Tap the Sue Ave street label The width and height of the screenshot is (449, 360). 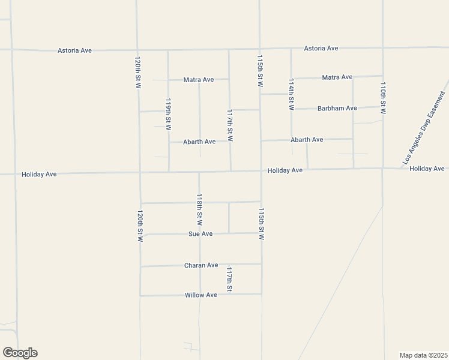coord(200,234)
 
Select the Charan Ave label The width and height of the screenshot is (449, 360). coord(201,265)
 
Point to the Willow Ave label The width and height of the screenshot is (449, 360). coord(201,295)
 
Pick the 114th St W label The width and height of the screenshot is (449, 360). coord(291,95)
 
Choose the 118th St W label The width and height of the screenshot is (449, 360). coord(200,208)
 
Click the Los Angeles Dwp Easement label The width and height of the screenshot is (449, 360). coord(424,128)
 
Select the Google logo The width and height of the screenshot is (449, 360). coord(20,353)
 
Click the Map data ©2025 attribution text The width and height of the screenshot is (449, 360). coord(423,355)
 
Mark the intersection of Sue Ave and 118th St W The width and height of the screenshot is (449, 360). coord(200,234)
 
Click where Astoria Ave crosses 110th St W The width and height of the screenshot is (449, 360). coord(383,47)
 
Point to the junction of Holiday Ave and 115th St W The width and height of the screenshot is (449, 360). coord(261,170)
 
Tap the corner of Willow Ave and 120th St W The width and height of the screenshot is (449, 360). coord(140,295)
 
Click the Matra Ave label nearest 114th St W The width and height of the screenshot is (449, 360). coord(337,77)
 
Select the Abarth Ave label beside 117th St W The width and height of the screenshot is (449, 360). coord(199,142)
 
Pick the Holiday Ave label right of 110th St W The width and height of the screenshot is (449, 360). coord(427,169)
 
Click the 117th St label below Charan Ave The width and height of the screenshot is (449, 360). coord(229,280)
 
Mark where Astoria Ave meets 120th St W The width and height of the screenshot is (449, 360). coord(137,50)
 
